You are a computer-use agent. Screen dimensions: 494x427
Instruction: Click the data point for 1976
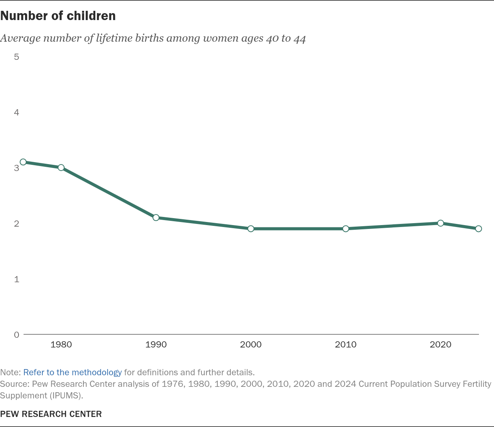[23, 162]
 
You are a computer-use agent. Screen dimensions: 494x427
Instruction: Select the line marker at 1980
[61, 168]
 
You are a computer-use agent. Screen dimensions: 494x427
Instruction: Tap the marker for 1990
[156, 218]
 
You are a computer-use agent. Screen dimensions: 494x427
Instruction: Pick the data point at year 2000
[251, 229]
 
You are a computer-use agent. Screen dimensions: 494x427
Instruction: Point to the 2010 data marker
[345, 229]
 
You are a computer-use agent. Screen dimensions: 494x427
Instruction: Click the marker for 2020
[440, 223]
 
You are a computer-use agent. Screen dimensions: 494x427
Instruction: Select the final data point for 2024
[479, 229]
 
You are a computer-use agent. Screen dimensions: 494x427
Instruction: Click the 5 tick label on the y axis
[17, 57]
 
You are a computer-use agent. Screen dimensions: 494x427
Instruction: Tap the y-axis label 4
[17, 112]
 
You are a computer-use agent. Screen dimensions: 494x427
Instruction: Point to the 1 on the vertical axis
[17, 279]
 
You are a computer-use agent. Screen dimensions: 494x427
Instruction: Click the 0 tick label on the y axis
[17, 335]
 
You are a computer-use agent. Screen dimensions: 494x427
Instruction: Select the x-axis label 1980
[61, 344]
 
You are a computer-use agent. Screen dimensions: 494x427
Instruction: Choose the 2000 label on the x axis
[251, 344]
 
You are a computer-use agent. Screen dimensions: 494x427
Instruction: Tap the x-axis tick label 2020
[440, 344]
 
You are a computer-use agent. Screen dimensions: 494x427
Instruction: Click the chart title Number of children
[58, 16]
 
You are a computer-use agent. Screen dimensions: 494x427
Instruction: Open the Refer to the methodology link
[73, 373]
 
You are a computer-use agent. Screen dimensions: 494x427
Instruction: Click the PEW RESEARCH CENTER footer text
[51, 414]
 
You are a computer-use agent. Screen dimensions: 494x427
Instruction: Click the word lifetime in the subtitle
[114, 38]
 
